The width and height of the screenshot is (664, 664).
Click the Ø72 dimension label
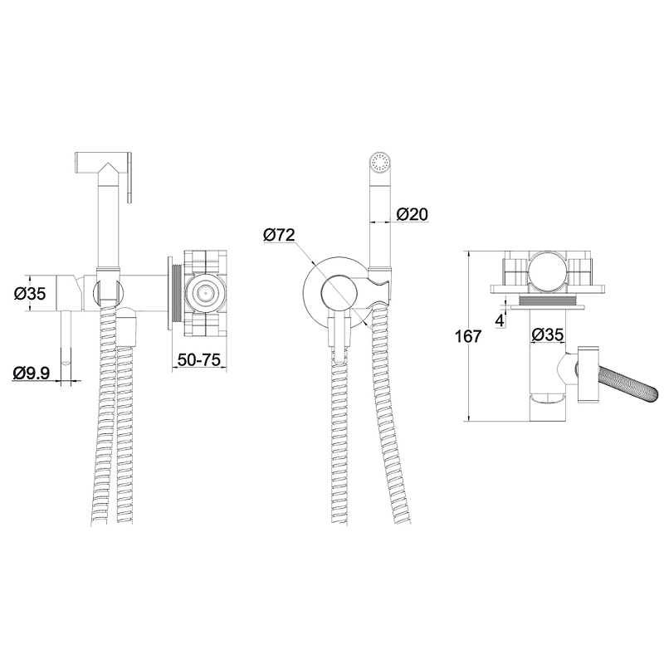click(279, 235)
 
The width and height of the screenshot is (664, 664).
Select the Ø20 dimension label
click(412, 214)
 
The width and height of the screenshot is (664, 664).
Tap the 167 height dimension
click(468, 336)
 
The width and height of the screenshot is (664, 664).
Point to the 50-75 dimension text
click(199, 359)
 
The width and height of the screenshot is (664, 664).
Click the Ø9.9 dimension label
click(32, 373)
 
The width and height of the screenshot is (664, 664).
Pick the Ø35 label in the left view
click(29, 294)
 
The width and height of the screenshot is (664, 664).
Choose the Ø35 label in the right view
click(548, 335)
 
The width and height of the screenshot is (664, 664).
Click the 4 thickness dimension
click(500, 320)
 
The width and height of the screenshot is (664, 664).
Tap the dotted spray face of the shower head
click(380, 162)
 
